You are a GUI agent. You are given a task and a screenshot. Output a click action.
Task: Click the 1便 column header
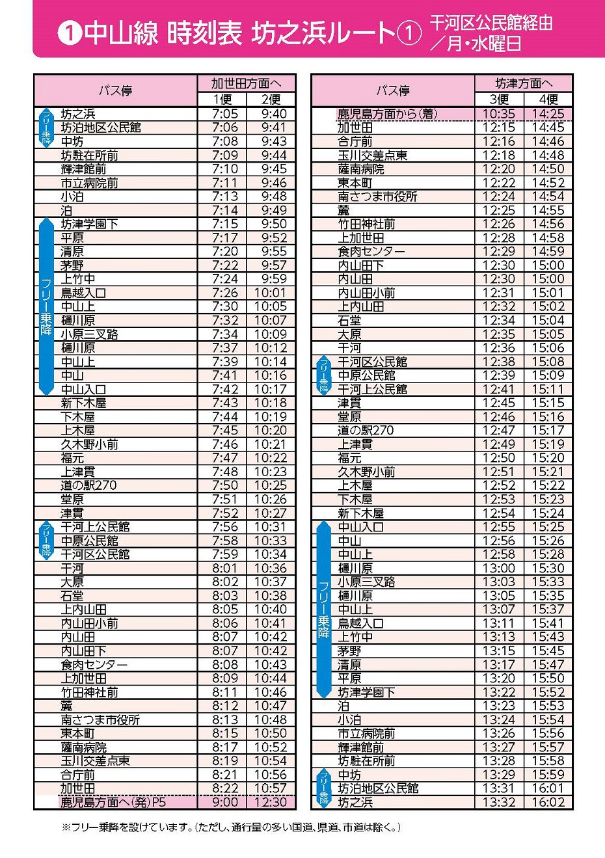(222, 99)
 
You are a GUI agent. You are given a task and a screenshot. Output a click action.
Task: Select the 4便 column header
(548, 99)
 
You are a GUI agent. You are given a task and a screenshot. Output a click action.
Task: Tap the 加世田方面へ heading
(246, 83)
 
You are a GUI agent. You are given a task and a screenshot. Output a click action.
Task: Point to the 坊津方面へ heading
(523, 83)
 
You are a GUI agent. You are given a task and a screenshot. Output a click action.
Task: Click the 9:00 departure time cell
(224, 802)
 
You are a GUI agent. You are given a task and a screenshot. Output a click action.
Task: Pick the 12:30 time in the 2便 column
(270, 802)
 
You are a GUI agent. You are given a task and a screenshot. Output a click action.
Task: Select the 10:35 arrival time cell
(499, 114)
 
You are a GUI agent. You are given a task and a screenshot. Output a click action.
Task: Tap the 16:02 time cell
(548, 802)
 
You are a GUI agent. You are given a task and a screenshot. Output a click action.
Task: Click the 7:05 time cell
(224, 114)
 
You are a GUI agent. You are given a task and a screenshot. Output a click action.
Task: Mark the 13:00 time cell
(499, 568)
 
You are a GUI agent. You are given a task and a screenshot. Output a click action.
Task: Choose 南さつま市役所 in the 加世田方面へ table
(100, 720)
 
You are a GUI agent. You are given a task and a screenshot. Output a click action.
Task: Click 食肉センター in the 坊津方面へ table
(371, 252)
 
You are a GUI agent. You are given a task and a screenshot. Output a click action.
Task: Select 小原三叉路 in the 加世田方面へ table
(90, 334)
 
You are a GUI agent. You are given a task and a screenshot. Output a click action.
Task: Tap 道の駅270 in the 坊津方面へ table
(366, 431)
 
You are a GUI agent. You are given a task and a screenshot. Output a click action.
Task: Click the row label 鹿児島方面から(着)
(386, 114)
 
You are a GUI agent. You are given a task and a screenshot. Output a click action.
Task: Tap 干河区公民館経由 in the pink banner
(491, 23)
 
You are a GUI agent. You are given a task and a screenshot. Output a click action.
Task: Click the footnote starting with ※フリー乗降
(231, 827)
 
